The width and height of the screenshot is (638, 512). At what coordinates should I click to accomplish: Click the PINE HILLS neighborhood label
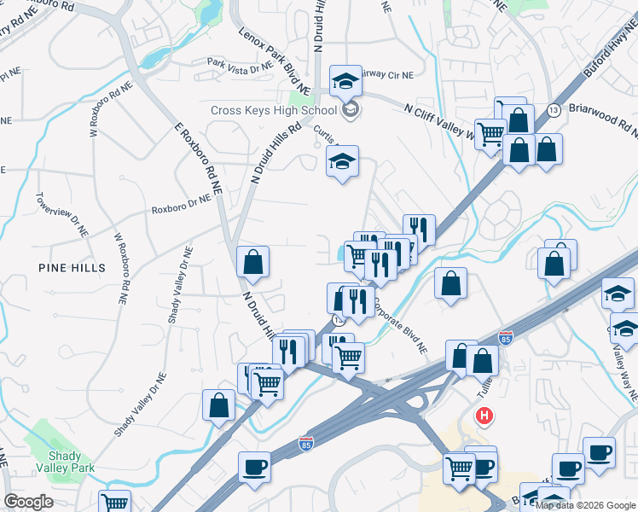[x=72, y=268]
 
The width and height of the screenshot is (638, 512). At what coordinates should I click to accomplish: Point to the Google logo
[x=28, y=502]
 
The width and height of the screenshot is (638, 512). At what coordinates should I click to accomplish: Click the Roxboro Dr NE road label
[x=181, y=207]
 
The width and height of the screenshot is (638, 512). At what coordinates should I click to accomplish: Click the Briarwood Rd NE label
[x=602, y=117]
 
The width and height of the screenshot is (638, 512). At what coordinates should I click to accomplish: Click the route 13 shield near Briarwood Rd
[x=554, y=111]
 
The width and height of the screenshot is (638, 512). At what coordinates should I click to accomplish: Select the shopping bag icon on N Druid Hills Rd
[x=252, y=264]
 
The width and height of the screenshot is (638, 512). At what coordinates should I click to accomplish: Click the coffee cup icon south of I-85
[x=254, y=468]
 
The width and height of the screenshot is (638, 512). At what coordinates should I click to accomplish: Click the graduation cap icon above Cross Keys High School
[x=345, y=81]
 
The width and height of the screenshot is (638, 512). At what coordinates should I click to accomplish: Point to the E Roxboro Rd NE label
[x=195, y=154]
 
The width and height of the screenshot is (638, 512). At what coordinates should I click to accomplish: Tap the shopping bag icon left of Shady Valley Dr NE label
[x=218, y=406]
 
